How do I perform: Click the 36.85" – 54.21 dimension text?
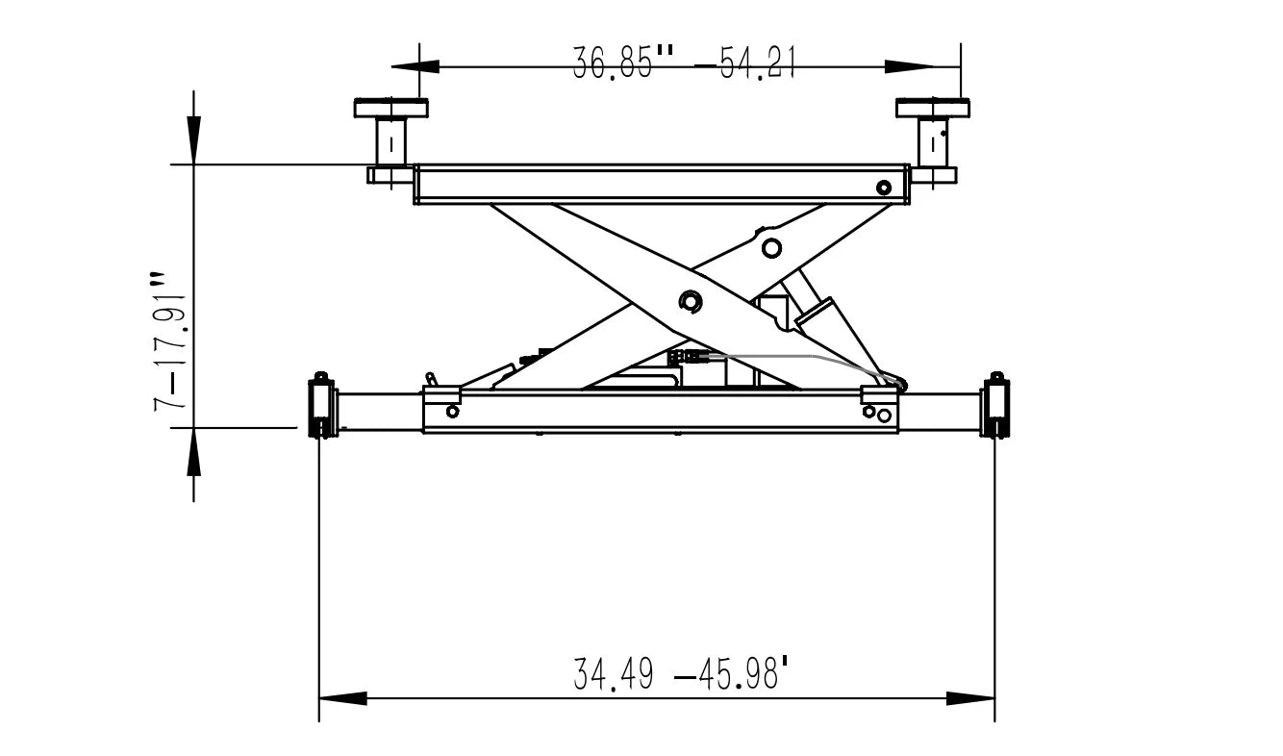(684, 64)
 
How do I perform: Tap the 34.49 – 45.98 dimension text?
(684, 673)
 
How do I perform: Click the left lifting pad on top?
(390, 108)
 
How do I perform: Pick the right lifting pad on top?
(932, 108)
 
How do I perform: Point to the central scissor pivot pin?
(690, 302)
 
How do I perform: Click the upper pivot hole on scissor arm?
(770, 248)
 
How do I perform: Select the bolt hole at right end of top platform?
(883, 187)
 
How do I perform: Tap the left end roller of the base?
(321, 408)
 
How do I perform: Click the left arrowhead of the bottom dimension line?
(342, 698)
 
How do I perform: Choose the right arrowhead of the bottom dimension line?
(970, 698)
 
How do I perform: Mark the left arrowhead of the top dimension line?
(415, 66)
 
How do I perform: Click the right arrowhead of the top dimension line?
(910, 66)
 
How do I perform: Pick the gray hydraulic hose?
(818, 357)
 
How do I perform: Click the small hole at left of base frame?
(452, 412)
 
